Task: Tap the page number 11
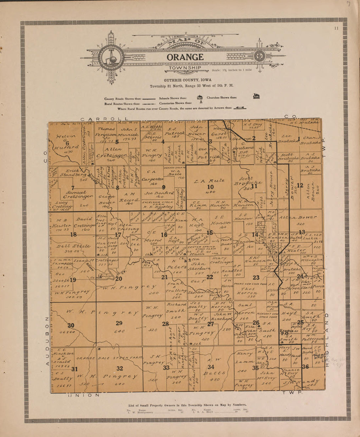336,28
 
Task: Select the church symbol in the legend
256,96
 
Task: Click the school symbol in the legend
199,98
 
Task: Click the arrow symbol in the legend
240,107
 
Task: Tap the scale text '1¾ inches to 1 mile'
232,70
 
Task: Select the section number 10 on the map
210,187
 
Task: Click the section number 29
119,323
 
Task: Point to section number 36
305,367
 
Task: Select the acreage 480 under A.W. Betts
214,380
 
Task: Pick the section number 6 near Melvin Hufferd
67,143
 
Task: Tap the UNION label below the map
83,395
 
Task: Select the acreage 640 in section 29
119,331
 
